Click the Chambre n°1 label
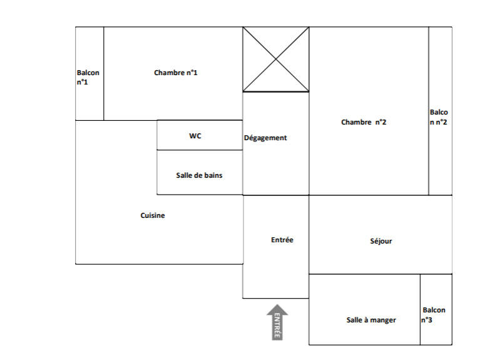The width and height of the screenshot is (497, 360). [176, 73]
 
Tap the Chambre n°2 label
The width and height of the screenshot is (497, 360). [364, 122]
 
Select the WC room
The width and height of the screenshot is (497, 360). [195, 135]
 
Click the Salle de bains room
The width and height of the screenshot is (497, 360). [199, 175]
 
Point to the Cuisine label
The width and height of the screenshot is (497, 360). [153, 215]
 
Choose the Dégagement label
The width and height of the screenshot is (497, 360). [265, 138]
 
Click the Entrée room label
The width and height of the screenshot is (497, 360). [282, 240]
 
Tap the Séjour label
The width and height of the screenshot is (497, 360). [381, 241]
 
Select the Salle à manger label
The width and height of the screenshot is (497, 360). [371, 320]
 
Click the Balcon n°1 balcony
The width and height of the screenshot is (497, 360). [88, 77]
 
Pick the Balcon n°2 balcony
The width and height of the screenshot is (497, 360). [439, 117]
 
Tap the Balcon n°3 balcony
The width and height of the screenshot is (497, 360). [434, 314]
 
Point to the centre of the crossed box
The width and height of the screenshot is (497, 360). [276, 59]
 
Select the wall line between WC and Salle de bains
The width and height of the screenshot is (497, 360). [199, 150]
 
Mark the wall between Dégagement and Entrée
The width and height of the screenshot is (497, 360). [275, 195]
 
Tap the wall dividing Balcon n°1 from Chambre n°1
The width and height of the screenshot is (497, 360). [104, 73]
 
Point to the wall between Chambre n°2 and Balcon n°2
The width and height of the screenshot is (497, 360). [429, 111]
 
